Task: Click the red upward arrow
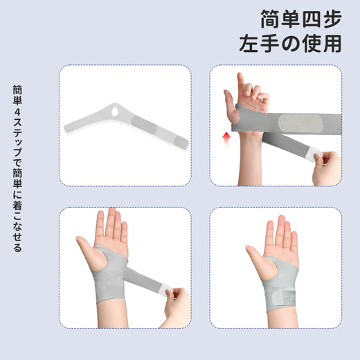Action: [225, 138]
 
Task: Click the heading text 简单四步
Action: [300, 17]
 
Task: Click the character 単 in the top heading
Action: [290, 17]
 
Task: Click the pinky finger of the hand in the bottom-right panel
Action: [294, 242]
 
